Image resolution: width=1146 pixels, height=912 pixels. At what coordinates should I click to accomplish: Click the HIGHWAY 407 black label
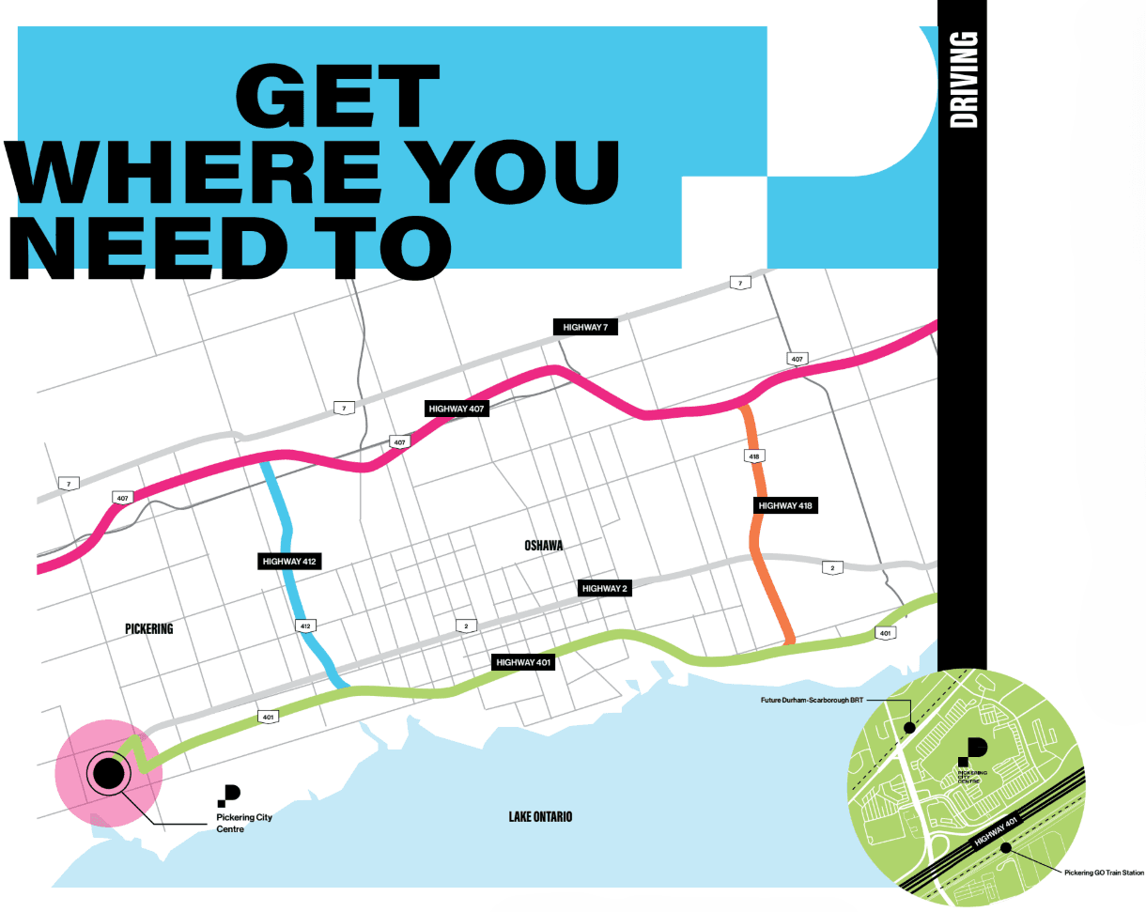coord(457,409)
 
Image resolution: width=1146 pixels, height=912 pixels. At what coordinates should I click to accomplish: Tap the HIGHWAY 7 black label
coord(585,327)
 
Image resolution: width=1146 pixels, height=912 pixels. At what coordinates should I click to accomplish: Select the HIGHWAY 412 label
coord(289,561)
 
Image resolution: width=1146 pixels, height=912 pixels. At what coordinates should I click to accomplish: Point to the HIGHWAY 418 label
coord(784,505)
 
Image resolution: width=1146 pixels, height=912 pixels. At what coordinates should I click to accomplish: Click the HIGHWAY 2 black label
coord(604,588)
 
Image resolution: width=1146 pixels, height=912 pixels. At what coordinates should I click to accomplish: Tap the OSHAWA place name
coord(544,546)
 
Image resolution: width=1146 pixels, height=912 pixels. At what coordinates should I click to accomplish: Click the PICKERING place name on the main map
coord(148,628)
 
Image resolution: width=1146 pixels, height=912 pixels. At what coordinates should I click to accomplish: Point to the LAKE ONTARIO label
coord(540,816)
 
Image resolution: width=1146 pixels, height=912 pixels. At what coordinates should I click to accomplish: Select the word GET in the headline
coord(336,97)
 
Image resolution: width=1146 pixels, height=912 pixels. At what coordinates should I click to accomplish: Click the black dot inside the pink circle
coord(107,774)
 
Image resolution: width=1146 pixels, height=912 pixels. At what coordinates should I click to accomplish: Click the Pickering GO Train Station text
coord(1104,873)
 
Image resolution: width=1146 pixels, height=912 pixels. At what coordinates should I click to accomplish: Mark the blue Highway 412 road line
coord(286,526)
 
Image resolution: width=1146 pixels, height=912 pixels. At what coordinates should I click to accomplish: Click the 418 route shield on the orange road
coord(754,456)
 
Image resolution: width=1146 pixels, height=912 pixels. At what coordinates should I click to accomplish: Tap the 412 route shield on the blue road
coord(304,625)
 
